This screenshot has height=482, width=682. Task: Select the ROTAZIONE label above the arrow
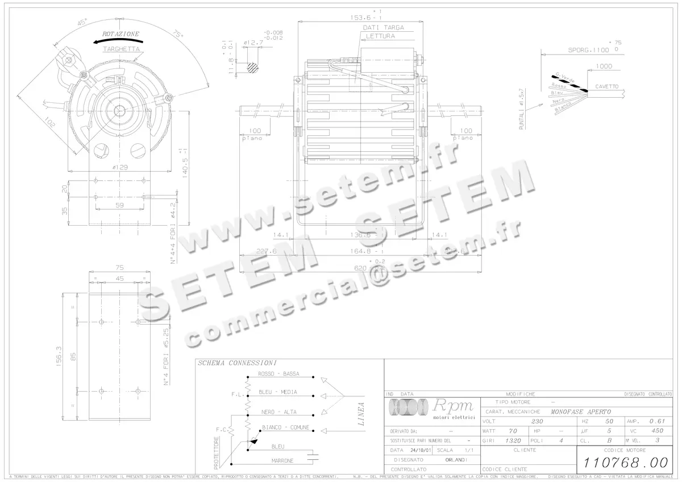click(x=120, y=34)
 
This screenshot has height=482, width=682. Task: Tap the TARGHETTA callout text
click(x=121, y=49)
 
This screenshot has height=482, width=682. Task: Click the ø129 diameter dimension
click(x=119, y=167)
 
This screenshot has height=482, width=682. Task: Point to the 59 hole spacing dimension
click(x=119, y=205)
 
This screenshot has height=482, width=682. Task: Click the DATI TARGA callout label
click(x=383, y=27)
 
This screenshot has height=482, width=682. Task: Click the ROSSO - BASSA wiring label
click(x=278, y=373)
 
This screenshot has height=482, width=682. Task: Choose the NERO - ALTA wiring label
click(x=277, y=412)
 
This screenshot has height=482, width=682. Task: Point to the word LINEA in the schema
click(x=360, y=414)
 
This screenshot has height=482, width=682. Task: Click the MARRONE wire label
click(x=282, y=460)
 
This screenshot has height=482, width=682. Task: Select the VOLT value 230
click(x=537, y=422)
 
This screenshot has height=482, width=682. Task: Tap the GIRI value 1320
click(x=513, y=440)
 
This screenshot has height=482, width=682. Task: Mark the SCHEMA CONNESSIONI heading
click(x=237, y=363)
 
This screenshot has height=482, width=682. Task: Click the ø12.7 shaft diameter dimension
click(x=253, y=43)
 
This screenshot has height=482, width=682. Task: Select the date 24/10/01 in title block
click(x=421, y=450)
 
